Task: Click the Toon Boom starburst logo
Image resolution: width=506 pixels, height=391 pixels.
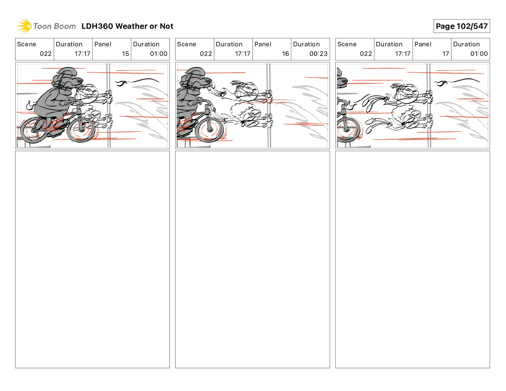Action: (24, 26)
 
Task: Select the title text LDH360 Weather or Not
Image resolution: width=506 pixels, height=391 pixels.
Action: (127, 26)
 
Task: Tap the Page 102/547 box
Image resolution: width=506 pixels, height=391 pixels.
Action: (461, 26)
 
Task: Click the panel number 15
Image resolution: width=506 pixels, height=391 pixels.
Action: (125, 54)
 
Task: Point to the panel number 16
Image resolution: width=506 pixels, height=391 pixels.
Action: (285, 54)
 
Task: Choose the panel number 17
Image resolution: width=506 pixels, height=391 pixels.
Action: (445, 54)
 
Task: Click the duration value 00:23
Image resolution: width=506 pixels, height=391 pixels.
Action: (318, 54)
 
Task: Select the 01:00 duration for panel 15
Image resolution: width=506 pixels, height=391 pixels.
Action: (158, 54)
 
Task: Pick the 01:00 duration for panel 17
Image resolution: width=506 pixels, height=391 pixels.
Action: (479, 54)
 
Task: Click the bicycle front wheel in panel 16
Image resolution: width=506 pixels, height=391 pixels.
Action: (209, 130)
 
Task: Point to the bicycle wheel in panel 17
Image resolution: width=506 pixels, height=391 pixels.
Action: (349, 129)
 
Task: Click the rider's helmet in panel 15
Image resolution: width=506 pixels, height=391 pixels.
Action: (67, 74)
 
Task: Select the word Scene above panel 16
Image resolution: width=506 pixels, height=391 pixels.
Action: (187, 44)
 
